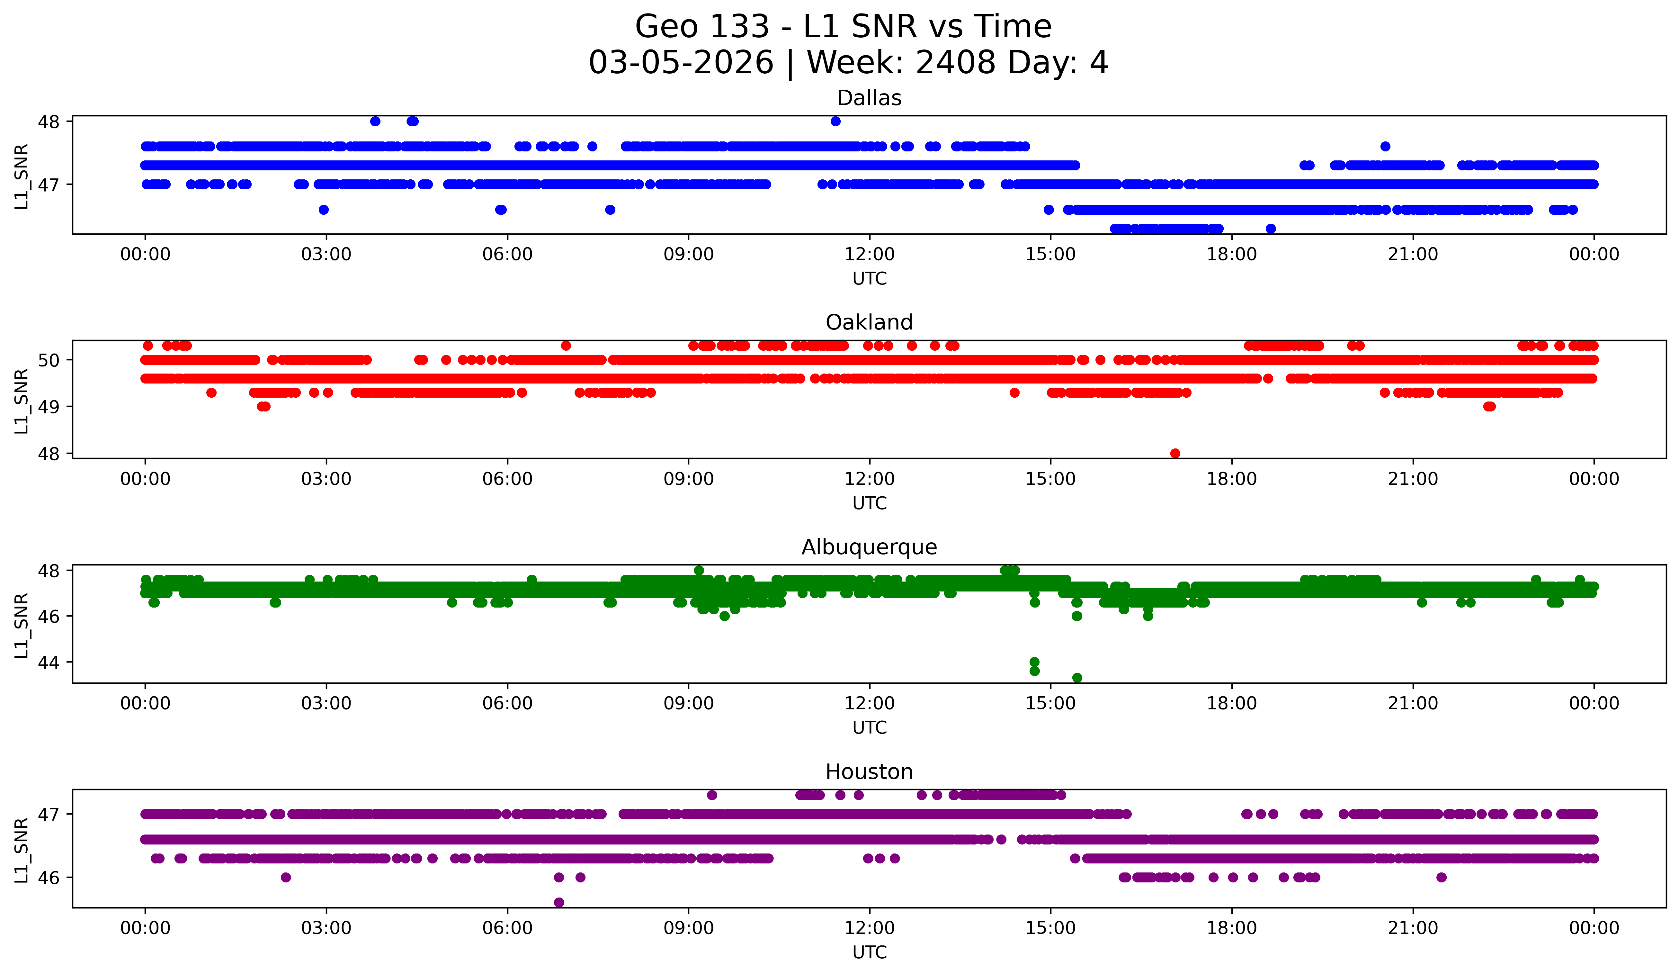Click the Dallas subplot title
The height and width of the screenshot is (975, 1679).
869,98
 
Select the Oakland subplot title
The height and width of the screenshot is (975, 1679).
869,322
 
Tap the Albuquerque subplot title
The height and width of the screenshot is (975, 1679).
869,547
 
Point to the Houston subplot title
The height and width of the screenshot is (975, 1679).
869,772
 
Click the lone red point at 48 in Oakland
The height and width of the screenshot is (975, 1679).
1174,453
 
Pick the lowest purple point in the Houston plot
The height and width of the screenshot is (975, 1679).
559,902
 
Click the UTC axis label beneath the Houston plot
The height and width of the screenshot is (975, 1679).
870,952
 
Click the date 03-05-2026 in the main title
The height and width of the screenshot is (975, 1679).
681,63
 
